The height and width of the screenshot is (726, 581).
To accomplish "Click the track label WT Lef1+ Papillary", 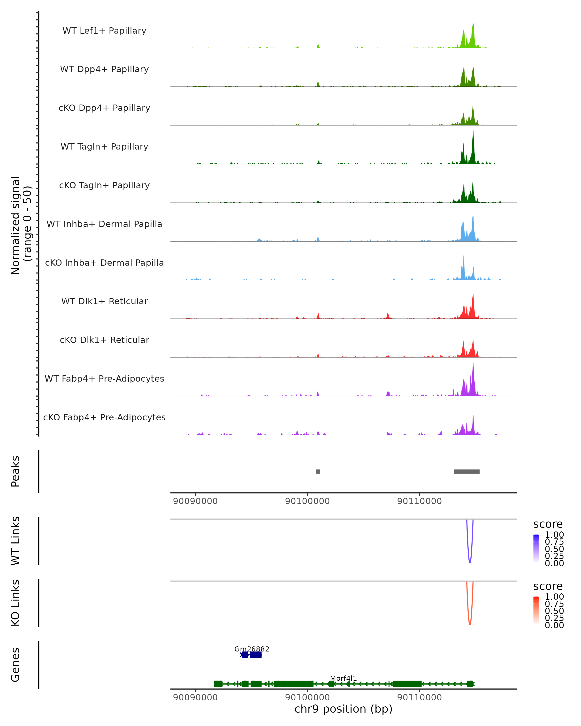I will tap(104, 31).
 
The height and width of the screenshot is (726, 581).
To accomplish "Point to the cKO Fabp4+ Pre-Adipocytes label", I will tap(104, 417).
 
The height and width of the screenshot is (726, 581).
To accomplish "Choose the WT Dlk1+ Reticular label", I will tap(104, 301).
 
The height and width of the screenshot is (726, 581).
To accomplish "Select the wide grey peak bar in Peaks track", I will tap(466, 471).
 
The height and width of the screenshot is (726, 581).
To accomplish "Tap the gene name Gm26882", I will tap(252, 649).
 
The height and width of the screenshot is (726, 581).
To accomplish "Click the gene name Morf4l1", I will tap(343, 678).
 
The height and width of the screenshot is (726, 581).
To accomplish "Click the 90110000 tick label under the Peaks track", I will tap(419, 501).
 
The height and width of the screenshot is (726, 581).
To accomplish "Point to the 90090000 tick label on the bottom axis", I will tap(195, 697).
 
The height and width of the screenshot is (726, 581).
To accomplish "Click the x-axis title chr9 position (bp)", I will tap(343, 709).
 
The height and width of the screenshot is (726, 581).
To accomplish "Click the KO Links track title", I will tap(15, 603).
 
